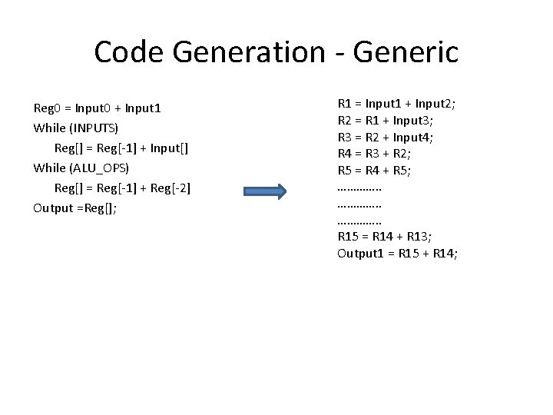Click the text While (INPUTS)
[76, 126]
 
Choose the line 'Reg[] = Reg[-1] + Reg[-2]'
[122, 188]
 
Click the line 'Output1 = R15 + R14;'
[397, 254]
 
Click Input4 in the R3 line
[416, 136]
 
